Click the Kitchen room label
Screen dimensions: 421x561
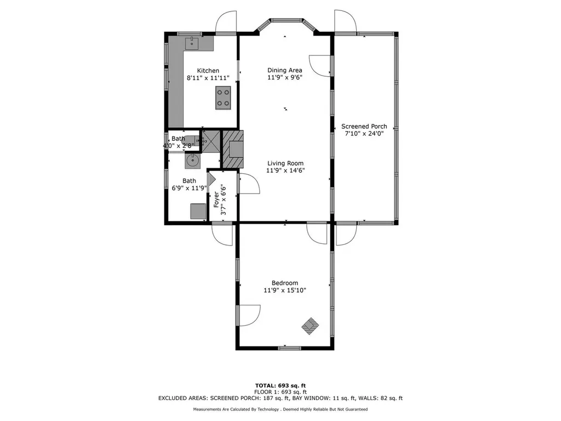208,71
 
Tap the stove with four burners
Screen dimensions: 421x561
222,98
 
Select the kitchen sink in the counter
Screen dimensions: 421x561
192,43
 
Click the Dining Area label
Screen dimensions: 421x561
285,70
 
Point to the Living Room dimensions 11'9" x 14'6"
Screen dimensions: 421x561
285,170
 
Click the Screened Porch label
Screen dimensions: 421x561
364,126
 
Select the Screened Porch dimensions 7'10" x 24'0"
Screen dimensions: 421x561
364,133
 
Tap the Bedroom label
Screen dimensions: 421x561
284,283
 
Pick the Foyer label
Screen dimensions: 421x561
216,195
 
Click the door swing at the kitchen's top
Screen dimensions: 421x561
226,23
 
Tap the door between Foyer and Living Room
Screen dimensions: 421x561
249,184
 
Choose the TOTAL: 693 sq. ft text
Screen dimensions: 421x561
280,385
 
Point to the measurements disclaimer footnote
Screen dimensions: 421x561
280,409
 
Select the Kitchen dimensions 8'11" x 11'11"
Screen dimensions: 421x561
208,78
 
